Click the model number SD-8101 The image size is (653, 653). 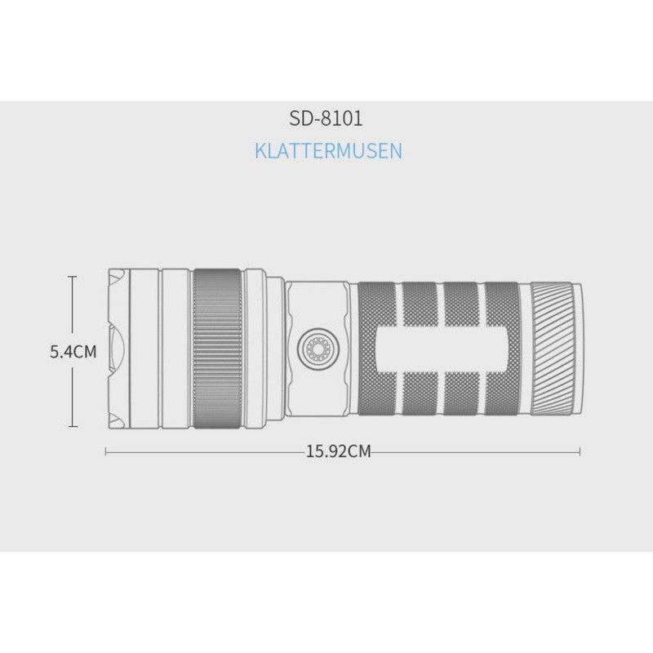pos(326,118)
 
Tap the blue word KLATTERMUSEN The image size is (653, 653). pos(329,151)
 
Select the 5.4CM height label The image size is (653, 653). pos(73,352)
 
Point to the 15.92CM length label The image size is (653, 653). pos(338,451)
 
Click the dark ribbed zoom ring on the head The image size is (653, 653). pos(217,349)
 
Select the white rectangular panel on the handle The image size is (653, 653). pos(442,349)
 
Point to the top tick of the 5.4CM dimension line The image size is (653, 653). pos(73,277)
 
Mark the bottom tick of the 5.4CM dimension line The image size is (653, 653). pos(73,426)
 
